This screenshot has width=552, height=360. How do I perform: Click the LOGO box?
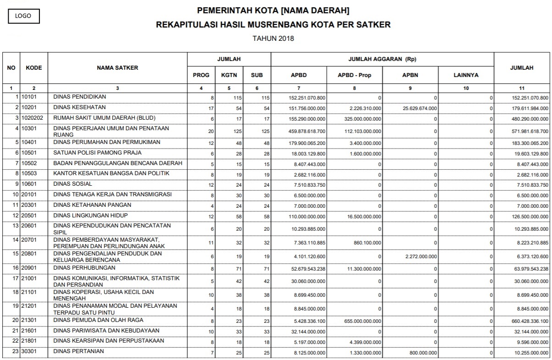[23, 16]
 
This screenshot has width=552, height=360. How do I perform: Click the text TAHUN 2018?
[273, 39]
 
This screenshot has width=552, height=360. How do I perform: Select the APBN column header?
[410, 75]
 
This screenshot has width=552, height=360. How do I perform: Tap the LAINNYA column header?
[466, 75]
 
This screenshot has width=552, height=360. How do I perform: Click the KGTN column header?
[229, 75]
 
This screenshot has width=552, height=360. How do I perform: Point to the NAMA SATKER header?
[117, 68]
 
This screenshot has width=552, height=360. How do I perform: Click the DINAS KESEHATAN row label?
[79, 108]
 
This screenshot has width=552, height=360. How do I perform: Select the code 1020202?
[32, 118]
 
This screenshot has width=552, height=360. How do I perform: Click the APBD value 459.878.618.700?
[307, 131]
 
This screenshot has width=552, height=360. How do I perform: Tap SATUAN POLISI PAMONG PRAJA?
[97, 153]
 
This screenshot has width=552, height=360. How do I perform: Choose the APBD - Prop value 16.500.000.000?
[362, 216]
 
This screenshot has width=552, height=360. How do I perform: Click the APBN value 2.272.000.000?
[421, 256]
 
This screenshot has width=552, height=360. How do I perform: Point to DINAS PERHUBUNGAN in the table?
[84, 268]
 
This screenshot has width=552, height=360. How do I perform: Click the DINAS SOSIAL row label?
[73, 184]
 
